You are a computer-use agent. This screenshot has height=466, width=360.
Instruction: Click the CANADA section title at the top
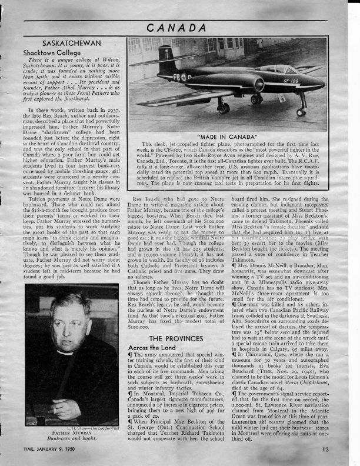click(x=180, y=27)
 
